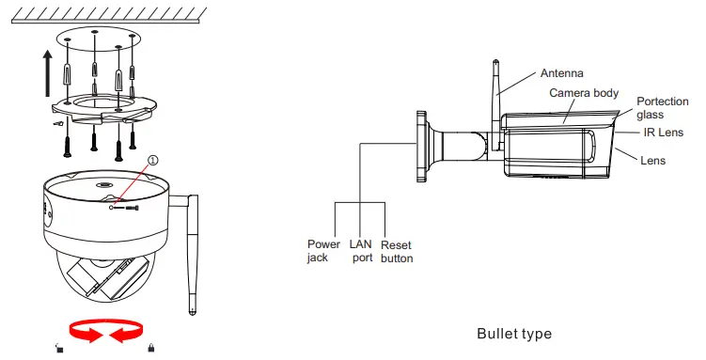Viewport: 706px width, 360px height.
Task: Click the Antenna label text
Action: [561, 73]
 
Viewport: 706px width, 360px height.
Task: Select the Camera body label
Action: [584, 93]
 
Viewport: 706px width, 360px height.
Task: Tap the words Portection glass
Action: [663, 108]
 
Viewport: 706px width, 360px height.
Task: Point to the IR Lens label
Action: [663, 133]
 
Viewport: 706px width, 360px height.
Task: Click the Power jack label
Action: [323, 251]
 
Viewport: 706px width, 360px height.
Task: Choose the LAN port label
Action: [361, 251]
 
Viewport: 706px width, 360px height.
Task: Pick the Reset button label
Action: [397, 252]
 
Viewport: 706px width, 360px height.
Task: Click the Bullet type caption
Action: [514, 334]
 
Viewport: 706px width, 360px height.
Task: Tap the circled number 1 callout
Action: [153, 160]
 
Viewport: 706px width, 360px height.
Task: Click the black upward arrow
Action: [48, 73]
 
